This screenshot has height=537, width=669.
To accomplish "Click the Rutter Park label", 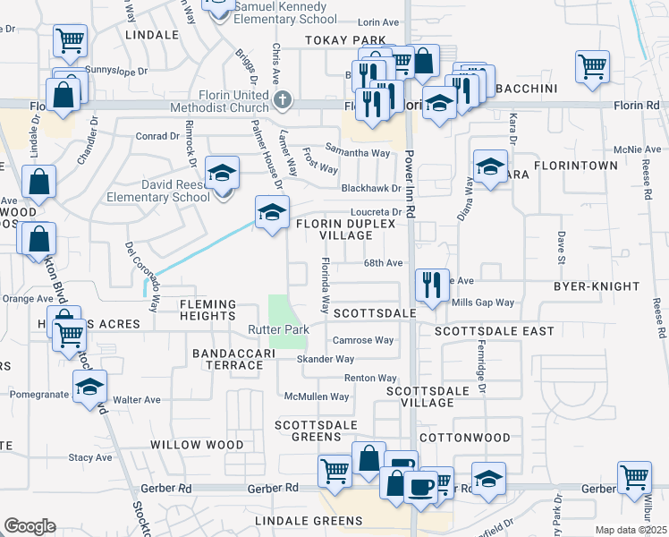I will click(278, 330).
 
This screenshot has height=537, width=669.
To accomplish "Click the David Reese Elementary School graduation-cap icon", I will click(222, 171).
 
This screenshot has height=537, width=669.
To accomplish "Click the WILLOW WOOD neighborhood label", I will click(197, 445).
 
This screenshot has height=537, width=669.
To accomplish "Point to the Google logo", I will click(30, 526).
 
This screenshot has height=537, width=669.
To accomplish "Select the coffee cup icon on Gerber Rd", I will click(419, 487).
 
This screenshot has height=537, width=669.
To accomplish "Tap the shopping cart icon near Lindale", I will click(70, 40).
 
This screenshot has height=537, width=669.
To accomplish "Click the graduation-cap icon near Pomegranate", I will click(89, 387).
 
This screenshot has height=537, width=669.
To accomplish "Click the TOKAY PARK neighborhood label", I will click(344, 40).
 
